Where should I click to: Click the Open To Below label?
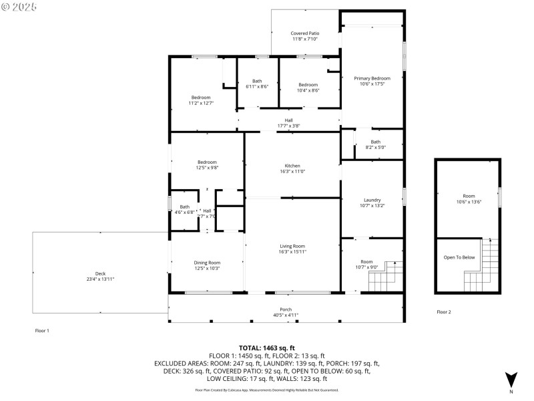point(459,257)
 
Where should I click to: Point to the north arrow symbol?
point(511,379)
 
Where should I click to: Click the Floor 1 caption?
point(42,331)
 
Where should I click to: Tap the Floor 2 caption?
point(444,312)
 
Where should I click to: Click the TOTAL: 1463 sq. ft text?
point(267,348)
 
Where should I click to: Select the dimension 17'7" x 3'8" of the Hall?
point(289,126)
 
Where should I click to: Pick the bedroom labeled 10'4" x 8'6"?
point(308,88)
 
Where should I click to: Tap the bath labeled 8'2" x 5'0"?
point(376,144)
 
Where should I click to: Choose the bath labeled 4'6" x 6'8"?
point(184,210)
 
